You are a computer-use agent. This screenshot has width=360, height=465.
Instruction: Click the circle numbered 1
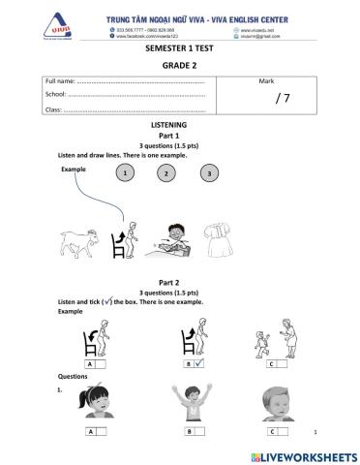125,172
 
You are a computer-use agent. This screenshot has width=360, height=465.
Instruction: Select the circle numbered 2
165,173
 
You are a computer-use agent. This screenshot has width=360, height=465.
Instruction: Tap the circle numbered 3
207,173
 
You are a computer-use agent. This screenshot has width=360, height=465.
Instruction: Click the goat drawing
81,242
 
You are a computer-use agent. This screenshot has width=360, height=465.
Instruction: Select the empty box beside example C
291,363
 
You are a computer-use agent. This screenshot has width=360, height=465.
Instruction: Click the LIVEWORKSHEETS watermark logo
303,454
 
